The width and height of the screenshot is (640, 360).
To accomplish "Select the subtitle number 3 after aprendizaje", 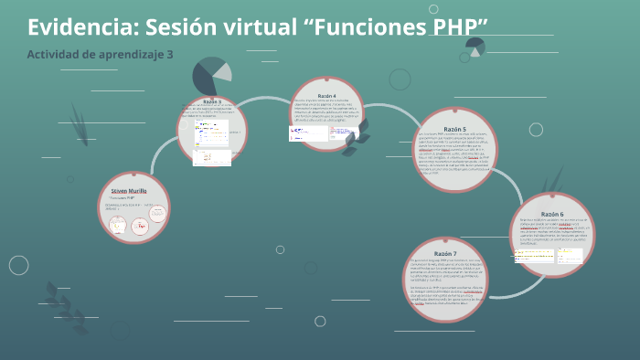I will (169, 55).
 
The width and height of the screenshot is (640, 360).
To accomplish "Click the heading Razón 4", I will (326, 96).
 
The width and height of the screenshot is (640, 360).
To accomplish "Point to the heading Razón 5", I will (454, 130).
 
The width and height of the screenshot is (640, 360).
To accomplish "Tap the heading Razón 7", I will (446, 253).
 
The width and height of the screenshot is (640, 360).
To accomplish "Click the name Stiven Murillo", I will (122, 189).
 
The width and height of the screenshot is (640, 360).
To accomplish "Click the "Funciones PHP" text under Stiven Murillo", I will (122, 198).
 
